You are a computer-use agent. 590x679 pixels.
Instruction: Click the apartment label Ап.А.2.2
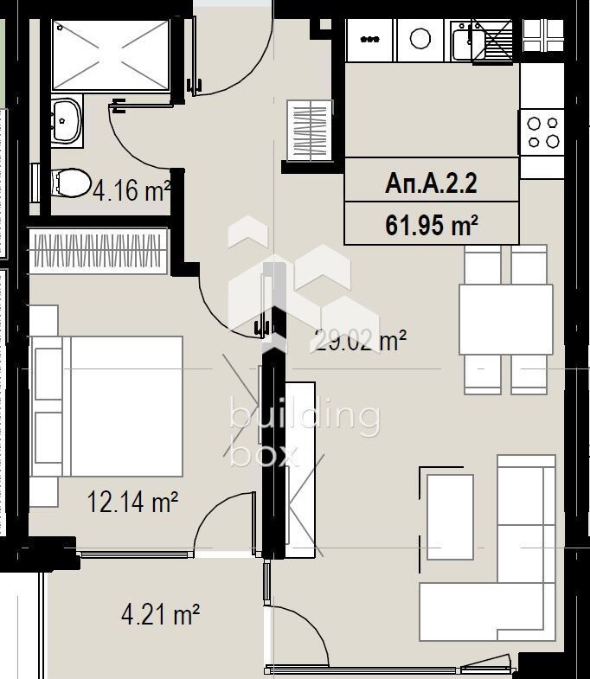pos(431,183)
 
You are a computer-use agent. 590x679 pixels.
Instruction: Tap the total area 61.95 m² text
pos(432,225)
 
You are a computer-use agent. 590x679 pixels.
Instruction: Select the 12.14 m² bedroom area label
pos(132,502)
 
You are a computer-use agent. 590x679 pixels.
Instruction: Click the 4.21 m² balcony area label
pos(160,614)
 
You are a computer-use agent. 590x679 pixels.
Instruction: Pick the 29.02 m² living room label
pos(358,341)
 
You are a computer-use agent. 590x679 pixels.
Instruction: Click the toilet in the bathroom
pos(71,183)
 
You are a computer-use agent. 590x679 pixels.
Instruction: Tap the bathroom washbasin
pos(67,121)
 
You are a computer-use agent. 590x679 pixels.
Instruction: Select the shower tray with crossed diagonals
pos(111,55)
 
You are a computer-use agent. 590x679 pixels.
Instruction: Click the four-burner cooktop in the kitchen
pos(542,132)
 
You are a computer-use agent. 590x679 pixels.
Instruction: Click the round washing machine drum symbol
pos(420,39)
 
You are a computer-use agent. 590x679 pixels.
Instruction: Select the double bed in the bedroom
pos(106,407)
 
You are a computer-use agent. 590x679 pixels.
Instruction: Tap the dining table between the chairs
pos(505,319)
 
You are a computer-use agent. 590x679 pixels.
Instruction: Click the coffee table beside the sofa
pos(450,517)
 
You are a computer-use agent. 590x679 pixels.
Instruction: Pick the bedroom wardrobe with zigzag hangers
pos(98,251)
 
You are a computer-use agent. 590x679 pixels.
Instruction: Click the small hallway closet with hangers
pos(311,131)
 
